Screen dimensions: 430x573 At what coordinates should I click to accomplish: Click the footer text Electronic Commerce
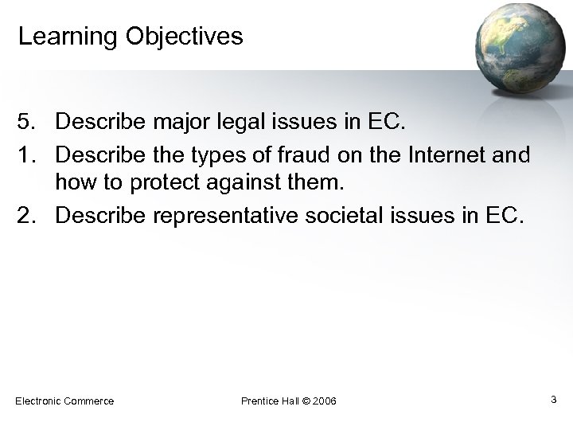[x=64, y=401]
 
